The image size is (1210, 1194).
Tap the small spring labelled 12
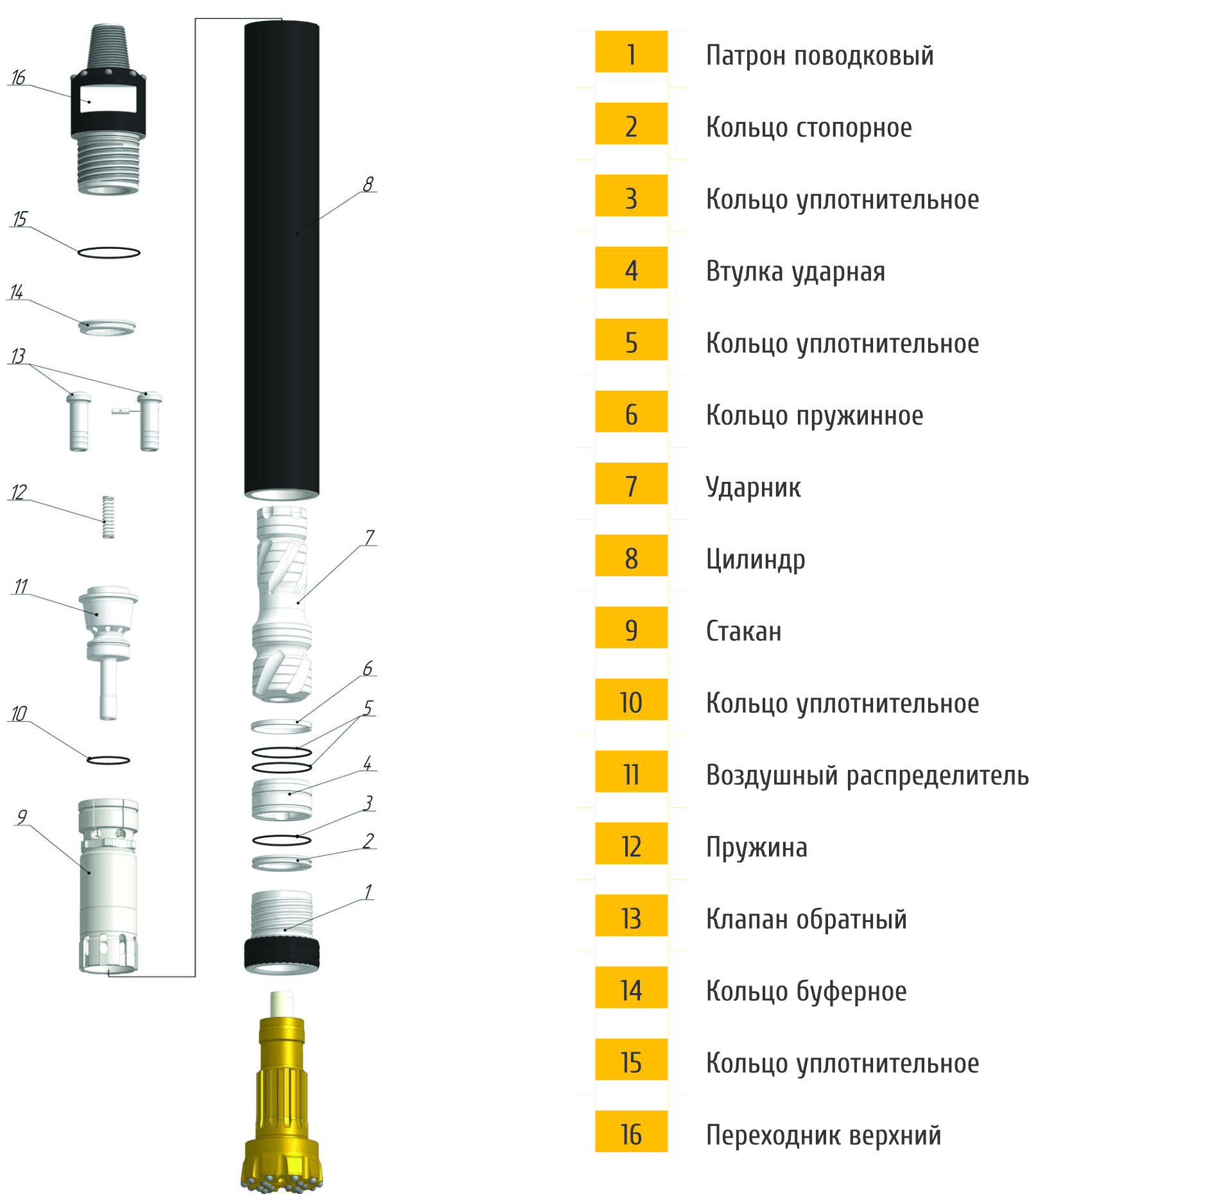tap(108, 516)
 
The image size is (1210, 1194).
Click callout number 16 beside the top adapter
tap(18, 78)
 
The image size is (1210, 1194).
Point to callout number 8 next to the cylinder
tap(368, 184)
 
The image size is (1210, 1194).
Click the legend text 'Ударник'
tap(753, 488)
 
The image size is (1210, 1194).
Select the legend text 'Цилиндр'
tap(756, 559)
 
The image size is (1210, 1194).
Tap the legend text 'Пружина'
tap(757, 848)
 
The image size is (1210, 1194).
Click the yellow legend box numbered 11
tap(631, 774)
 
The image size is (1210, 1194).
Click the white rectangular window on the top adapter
tap(108, 99)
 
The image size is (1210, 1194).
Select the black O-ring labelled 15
tap(108, 252)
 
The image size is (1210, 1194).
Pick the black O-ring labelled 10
tap(108, 760)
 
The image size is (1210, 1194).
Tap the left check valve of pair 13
tap(79, 422)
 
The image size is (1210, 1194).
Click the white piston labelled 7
tap(282, 603)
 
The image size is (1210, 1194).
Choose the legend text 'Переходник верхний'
tap(824, 1135)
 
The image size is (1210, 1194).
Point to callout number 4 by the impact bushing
tap(367, 763)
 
